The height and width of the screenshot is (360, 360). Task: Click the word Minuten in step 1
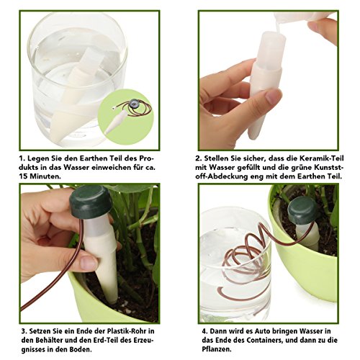(45, 176)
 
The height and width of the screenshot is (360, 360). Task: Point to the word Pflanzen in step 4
(217, 349)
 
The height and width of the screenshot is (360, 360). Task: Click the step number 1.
(22, 158)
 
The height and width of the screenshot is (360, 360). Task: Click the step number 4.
(204, 331)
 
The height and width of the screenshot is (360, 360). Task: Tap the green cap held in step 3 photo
(91, 202)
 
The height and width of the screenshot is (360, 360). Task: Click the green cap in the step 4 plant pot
(302, 210)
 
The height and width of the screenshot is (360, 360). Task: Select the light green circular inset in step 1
(126, 117)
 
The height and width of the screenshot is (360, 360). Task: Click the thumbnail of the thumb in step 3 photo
(89, 263)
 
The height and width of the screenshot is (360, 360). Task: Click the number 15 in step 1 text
(24, 176)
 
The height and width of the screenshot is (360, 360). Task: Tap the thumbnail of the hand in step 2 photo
(273, 96)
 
